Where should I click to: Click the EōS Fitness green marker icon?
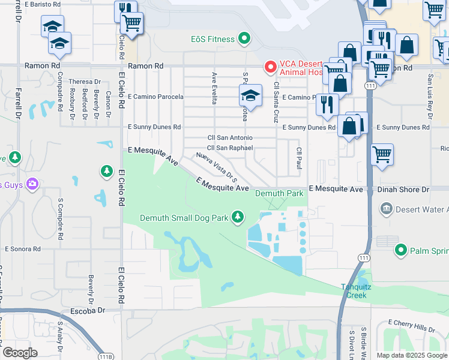tap(244, 40)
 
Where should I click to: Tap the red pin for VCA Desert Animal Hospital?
tap(270, 66)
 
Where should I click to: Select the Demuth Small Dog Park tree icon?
tap(238, 217)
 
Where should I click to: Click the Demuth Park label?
tap(279, 194)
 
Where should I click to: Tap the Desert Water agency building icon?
tap(386, 209)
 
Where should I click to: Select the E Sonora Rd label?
tap(22, 248)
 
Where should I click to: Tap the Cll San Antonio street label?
tap(229, 137)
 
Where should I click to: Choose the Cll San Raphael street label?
tap(230, 148)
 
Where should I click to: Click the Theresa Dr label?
tap(84, 82)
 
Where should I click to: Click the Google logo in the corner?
tap(20, 352)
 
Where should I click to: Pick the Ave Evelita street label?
tap(214, 88)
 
